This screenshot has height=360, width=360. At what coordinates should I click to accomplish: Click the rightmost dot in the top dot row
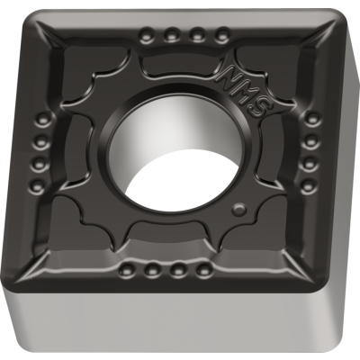(x=221, y=38)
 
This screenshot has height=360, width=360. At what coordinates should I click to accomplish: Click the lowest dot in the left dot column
(x=38, y=187)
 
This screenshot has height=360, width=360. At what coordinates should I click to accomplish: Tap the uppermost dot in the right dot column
(x=310, y=119)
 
